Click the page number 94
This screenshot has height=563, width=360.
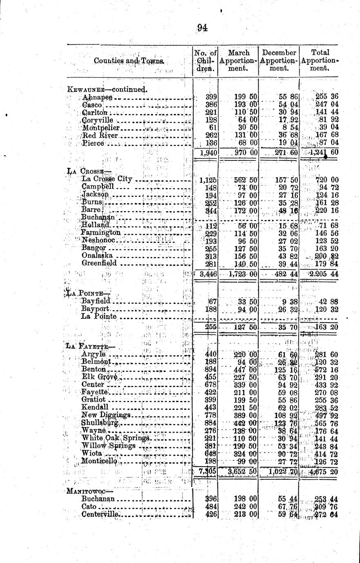pyautogui.click(x=202, y=28)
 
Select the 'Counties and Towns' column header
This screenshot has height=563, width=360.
pyautogui.click(x=129, y=61)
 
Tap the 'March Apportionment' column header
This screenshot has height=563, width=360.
pyautogui.click(x=239, y=60)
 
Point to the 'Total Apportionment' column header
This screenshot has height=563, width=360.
pyautogui.click(x=320, y=60)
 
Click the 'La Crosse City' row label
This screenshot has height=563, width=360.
pyautogui.click(x=107, y=179)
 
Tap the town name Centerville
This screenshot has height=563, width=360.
pyautogui.click(x=100, y=514)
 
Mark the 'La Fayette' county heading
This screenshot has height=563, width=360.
pyautogui.click(x=90, y=346)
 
